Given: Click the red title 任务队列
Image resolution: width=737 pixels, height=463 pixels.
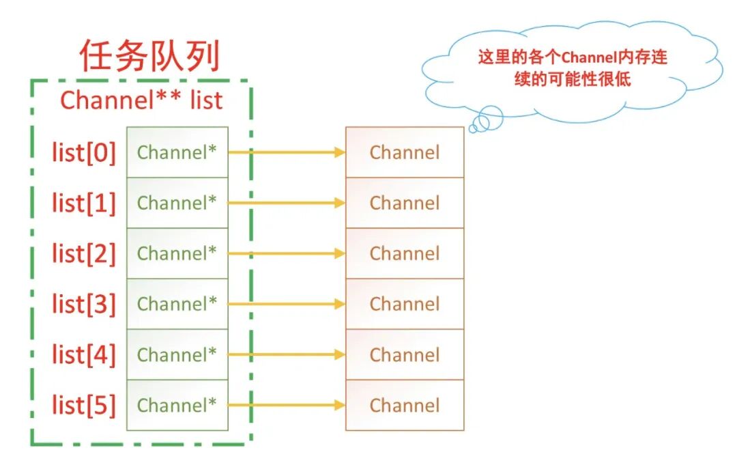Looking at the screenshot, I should click(149, 56).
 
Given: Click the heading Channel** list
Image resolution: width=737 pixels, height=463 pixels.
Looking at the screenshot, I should click(141, 100).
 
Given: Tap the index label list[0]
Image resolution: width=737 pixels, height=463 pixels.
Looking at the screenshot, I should click(84, 152).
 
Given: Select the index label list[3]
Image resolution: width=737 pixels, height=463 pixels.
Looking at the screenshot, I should click(84, 304).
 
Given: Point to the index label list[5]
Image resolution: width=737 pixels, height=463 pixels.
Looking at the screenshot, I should click(84, 405).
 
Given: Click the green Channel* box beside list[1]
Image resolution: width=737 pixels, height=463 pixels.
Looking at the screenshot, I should click(177, 203).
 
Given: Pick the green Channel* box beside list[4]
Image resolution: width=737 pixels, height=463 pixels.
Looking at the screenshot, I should click(177, 354).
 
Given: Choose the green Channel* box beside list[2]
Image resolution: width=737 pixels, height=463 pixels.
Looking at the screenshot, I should click(177, 253).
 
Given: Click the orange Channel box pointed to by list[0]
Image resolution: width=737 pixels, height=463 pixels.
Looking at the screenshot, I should click(404, 152).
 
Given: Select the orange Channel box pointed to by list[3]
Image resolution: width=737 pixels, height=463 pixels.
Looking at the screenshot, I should click(404, 304).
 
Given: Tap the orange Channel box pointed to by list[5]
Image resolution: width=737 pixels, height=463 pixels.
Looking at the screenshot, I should click(404, 405).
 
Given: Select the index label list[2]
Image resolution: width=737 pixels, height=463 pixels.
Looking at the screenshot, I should click(84, 253).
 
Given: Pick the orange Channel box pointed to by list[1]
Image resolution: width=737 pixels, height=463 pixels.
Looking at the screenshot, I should click(404, 203).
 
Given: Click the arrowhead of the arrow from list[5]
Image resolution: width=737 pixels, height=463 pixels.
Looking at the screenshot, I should click(340, 405).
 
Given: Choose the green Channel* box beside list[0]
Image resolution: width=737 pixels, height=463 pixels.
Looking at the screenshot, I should click(177, 152).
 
